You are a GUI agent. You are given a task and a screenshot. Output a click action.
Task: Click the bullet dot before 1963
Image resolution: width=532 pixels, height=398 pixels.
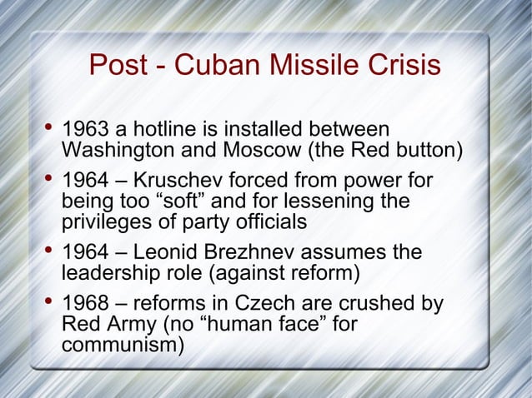click(x=48, y=130)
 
